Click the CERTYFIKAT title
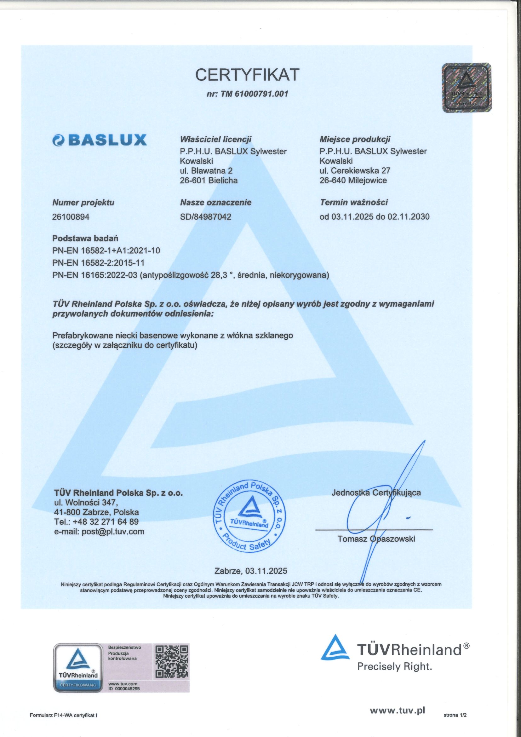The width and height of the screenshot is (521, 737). [x=247, y=75]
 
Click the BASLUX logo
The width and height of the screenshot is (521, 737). [x=100, y=140]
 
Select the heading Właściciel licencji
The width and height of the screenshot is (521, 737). [x=215, y=139]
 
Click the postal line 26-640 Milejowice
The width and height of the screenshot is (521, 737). [x=353, y=180]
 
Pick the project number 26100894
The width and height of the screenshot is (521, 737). [x=71, y=217]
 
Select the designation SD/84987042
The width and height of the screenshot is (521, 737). [x=206, y=217]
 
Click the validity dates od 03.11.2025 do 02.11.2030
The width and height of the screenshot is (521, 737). [x=375, y=217]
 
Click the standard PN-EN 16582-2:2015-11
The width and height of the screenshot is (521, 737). [x=99, y=262]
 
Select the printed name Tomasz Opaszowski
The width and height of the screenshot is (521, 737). [x=376, y=538]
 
